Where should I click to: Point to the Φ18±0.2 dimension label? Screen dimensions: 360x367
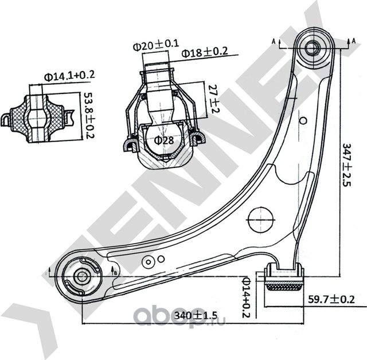(205, 53)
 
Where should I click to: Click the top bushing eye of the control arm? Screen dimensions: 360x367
(313, 47)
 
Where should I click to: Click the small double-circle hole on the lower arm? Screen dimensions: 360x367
(149, 261)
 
